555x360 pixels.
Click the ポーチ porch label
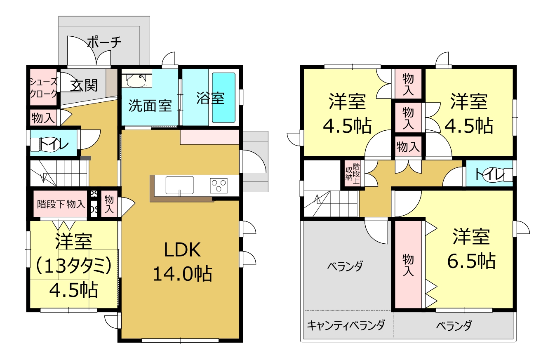coord(104,42)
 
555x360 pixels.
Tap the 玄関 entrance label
coord(84,85)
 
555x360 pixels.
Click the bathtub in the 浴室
coord(223,97)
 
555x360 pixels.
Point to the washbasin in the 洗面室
coord(136,80)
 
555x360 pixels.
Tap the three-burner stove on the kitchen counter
coord(219,186)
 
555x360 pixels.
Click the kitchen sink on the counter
coord(180,185)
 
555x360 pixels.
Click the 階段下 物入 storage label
coord(61,205)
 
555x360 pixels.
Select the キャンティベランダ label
coord(346,325)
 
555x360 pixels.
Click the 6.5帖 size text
coord(471,261)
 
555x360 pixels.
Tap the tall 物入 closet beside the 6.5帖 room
coord(408,265)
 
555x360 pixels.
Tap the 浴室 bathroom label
coord(210,98)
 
